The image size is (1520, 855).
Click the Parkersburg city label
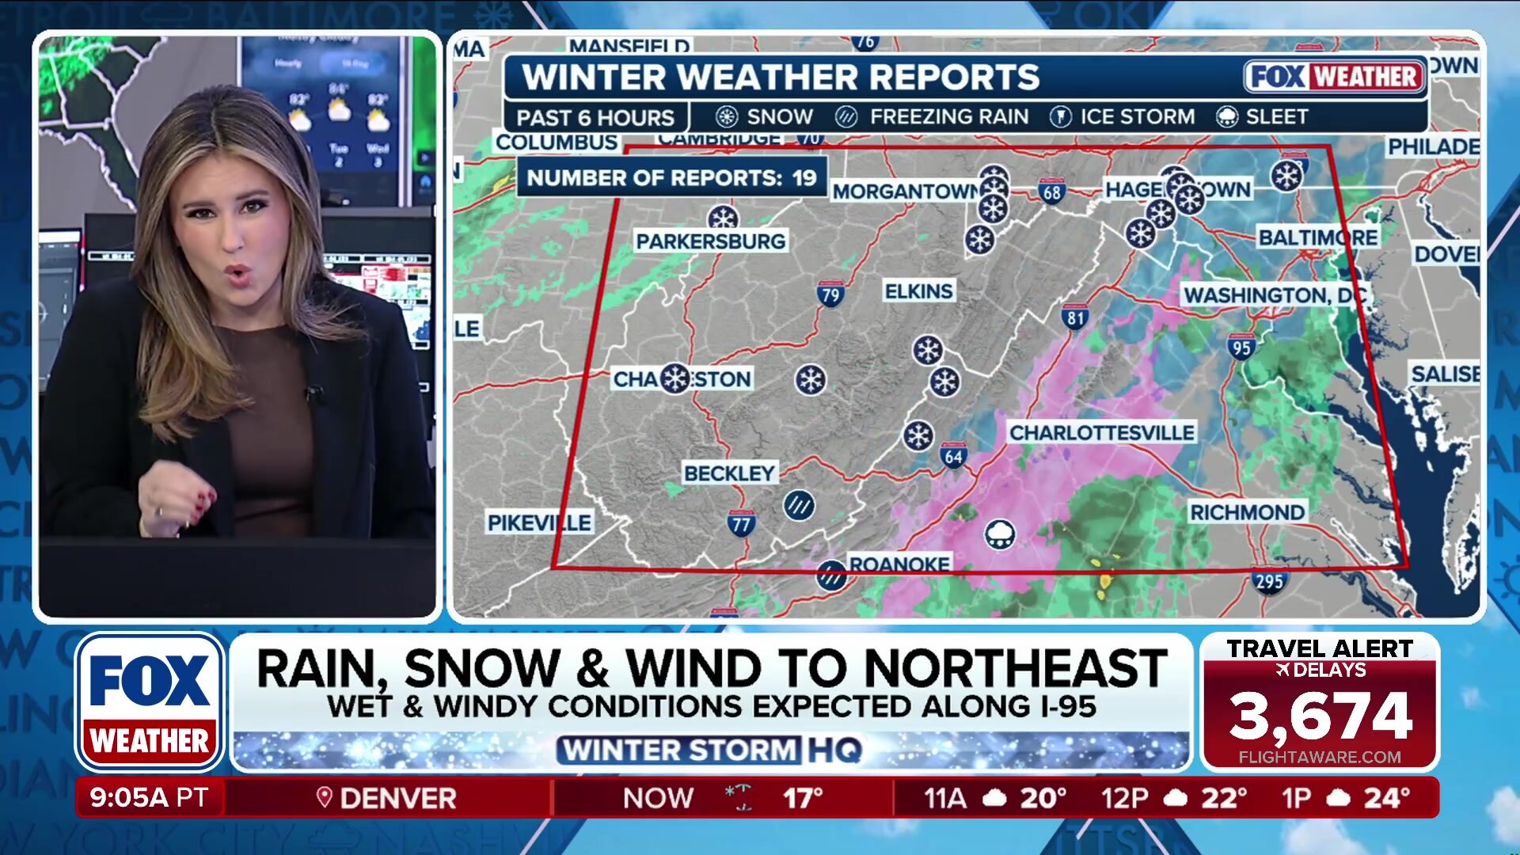pos(710,241)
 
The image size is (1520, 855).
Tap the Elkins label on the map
pos(918,291)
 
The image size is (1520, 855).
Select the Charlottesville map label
pos(1101,432)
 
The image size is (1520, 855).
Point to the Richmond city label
pos(1247,512)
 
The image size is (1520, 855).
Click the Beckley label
pos(729,473)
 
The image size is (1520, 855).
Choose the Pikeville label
pos(539,522)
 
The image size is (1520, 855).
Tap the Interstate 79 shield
pos(830,295)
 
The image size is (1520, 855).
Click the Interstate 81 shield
pos(1074,317)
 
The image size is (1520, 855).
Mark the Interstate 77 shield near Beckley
pos(741,523)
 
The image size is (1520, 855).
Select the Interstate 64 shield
pos(953,456)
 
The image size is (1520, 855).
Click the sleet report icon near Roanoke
pos(1000,534)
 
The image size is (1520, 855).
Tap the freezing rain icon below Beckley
pos(799,505)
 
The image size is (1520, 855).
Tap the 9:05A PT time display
pos(149,797)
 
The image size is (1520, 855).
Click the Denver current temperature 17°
pos(803,798)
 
